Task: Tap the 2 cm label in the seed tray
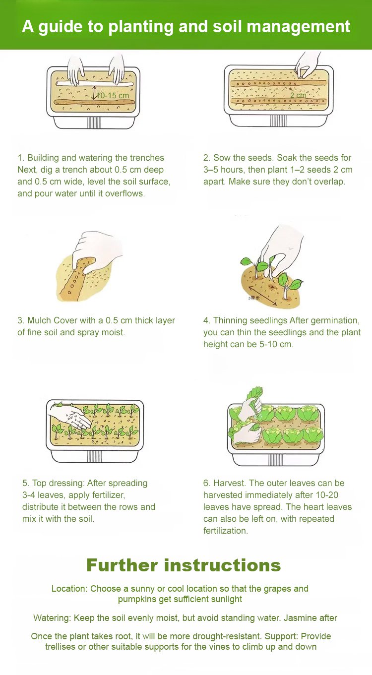pos(298,95)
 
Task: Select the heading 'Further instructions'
pos(184,565)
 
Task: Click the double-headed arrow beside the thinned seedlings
pos(262,296)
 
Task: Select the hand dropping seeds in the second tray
pos(308,65)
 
